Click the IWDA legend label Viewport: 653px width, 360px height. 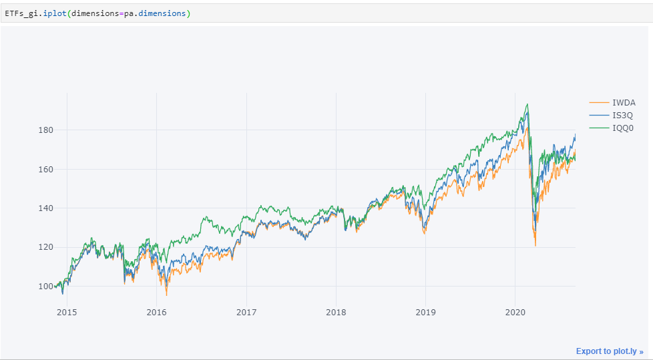click(624, 102)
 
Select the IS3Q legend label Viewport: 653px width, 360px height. click(623, 115)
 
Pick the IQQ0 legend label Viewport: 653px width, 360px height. click(623, 128)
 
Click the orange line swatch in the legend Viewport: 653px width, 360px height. click(599, 102)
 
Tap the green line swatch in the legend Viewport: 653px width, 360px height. click(599, 128)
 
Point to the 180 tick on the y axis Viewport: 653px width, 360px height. click(45, 130)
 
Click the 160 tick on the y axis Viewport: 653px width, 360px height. click(45, 169)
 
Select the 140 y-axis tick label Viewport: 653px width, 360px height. click(45, 208)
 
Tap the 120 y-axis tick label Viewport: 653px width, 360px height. click(45, 247)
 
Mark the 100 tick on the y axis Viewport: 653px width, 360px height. click(45, 286)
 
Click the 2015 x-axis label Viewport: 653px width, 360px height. click(67, 312)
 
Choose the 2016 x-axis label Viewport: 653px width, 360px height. click(157, 312)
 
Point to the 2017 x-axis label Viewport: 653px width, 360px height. click(246, 312)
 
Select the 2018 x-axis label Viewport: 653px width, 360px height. click(336, 312)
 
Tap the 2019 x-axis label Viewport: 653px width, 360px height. click(425, 312)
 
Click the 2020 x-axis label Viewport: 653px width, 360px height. click(515, 312)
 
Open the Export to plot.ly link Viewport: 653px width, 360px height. click(610, 351)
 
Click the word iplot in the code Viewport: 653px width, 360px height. click(55, 13)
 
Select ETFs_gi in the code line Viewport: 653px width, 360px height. click(22, 13)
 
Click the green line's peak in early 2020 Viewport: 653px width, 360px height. click(527, 104)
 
